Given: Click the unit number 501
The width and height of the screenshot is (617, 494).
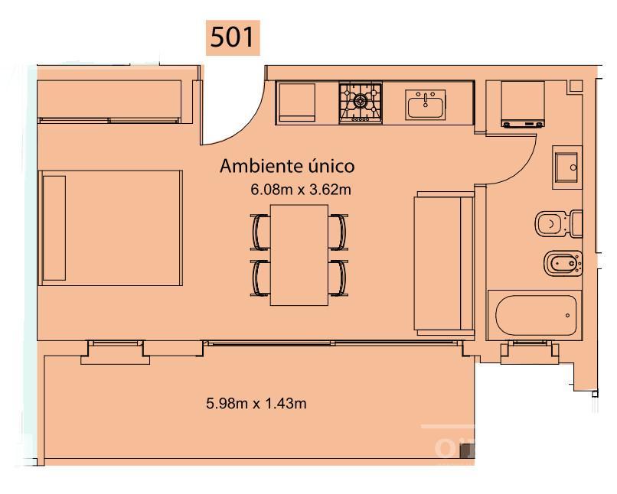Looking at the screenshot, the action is pyautogui.click(x=232, y=37).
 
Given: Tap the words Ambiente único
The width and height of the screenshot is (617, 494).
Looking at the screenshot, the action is pyautogui.click(x=287, y=166).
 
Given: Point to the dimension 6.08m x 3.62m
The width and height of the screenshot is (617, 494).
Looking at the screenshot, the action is pyautogui.click(x=301, y=190).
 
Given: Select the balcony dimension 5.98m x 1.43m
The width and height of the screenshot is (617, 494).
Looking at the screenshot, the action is pyautogui.click(x=256, y=403).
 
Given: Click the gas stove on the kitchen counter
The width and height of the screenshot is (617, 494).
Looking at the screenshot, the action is pyautogui.click(x=361, y=103).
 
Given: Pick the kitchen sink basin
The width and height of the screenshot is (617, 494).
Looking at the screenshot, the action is pyautogui.click(x=426, y=105).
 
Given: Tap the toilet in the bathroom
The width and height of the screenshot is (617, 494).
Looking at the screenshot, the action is pyautogui.click(x=559, y=223).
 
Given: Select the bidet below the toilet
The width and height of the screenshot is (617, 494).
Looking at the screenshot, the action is pyautogui.click(x=563, y=263).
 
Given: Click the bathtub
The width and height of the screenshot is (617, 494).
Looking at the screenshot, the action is pyautogui.click(x=534, y=315).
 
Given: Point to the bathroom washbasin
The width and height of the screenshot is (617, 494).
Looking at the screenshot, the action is pyautogui.click(x=567, y=167).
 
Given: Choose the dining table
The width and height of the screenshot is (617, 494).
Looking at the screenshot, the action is pyautogui.click(x=299, y=255).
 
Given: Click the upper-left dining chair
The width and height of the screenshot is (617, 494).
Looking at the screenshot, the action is pyautogui.click(x=260, y=232).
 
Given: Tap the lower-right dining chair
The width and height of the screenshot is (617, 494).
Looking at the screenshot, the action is pyautogui.click(x=338, y=278).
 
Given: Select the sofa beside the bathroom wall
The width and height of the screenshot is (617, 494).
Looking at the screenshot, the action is pyautogui.click(x=444, y=264).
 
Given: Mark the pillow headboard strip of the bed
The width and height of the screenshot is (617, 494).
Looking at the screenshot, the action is pyautogui.click(x=54, y=228).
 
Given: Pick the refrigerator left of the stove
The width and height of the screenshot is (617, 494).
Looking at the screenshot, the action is pyautogui.click(x=295, y=103).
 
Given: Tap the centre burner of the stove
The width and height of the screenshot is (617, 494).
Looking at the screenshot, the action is pyautogui.click(x=360, y=101).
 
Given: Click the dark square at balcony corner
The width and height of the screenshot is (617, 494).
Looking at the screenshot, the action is pyautogui.click(x=467, y=450).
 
